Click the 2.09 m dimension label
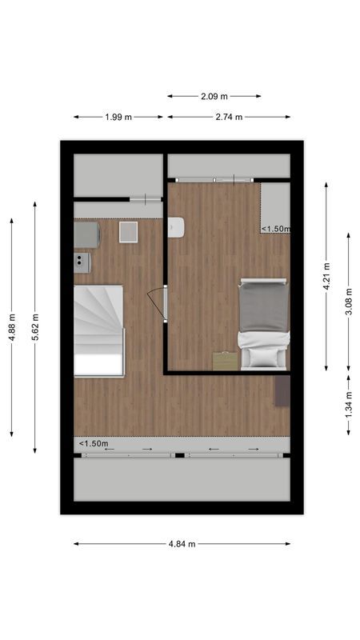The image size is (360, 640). pos(214,97)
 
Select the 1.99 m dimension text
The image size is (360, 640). pos(118,118)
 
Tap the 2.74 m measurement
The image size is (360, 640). pos(229,118)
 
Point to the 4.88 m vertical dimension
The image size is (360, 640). pos(12,327)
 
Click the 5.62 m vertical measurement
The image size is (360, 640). pos(35,327)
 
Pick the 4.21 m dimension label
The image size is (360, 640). pos(326,276)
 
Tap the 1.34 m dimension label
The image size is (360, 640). pos(349,405)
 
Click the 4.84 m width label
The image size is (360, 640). pos(182,544)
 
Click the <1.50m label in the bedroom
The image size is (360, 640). pos(275,229)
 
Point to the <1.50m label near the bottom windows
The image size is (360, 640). pos(94,443)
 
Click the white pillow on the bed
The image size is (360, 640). pos(263,357)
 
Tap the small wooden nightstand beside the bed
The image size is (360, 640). pos(226,361)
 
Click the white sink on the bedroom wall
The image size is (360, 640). pos(178,228)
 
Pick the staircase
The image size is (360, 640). pos(98,330)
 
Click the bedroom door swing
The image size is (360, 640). pos(157,304)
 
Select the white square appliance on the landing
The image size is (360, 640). pos(128,232)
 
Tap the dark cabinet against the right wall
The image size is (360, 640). pos(282,390)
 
